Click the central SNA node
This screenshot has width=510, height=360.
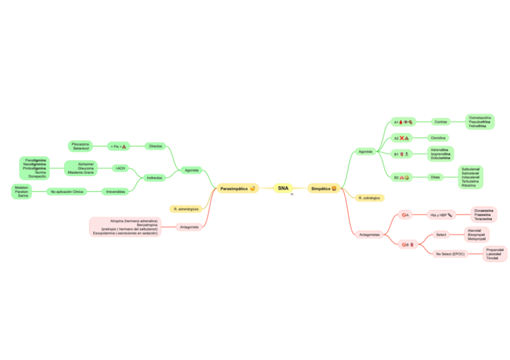click(283, 188)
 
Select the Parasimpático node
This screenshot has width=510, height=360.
click(238, 189)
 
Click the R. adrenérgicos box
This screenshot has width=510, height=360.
click(186, 209)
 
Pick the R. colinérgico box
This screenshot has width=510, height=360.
click(369, 198)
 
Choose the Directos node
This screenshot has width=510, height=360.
click(155, 146)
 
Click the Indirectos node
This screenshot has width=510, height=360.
click(155, 178)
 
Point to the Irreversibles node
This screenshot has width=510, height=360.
click(115, 192)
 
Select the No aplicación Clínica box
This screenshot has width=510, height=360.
click(67, 192)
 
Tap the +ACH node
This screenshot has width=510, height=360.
click(120, 168)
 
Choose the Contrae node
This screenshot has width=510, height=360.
click(441, 121)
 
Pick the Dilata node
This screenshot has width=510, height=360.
click(435, 177)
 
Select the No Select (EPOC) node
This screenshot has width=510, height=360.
click(450, 254)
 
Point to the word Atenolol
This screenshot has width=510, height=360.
click(475, 230)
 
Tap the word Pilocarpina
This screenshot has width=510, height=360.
click(80, 144)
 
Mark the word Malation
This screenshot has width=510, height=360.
click(22, 188)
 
